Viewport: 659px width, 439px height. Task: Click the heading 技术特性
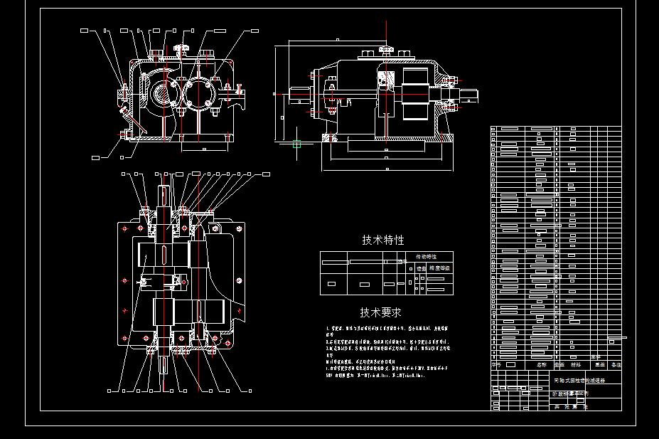pyautogui.click(x=382, y=240)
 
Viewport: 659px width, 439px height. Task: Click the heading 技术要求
pyautogui.click(x=380, y=312)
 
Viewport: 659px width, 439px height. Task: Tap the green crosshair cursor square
pyautogui.click(x=297, y=144)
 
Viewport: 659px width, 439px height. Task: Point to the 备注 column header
pyautogui.click(x=615, y=364)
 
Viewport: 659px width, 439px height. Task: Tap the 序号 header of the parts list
pyautogui.click(x=496, y=364)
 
